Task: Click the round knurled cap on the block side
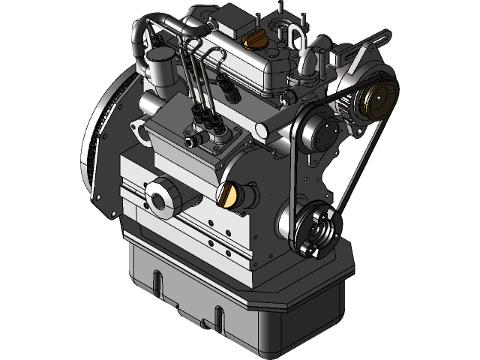(x=160, y=198)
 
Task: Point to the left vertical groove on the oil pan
(x=157, y=283)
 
